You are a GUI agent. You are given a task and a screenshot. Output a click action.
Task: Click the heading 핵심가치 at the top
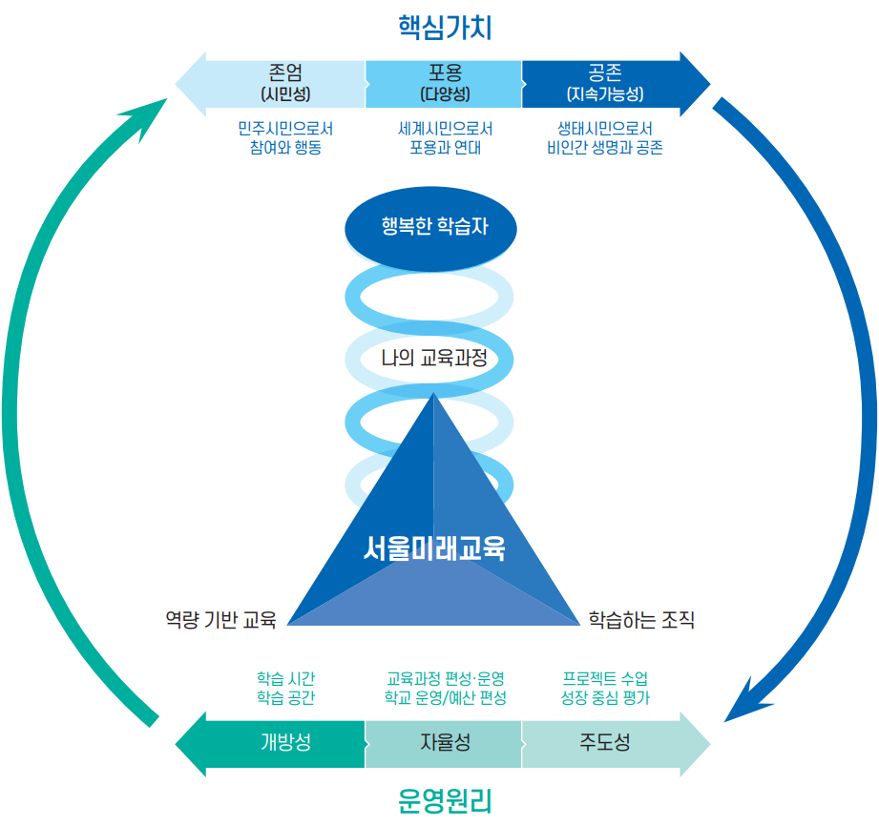(444, 27)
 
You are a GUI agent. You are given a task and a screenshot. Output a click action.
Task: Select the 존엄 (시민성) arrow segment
(284, 84)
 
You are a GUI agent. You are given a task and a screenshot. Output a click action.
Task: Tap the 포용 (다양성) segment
(444, 84)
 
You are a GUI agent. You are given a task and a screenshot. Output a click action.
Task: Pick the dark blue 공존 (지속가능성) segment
(605, 84)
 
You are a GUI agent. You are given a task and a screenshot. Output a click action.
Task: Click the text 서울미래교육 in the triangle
(434, 548)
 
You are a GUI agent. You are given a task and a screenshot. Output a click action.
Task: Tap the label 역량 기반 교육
(220, 620)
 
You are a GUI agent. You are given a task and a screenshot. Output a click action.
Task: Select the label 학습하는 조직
(641, 620)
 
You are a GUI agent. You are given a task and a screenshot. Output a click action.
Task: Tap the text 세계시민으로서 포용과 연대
(445, 138)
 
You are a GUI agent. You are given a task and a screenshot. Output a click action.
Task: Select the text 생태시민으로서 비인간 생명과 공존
(605, 138)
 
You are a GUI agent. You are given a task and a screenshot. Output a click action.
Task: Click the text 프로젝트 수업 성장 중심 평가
(605, 688)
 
